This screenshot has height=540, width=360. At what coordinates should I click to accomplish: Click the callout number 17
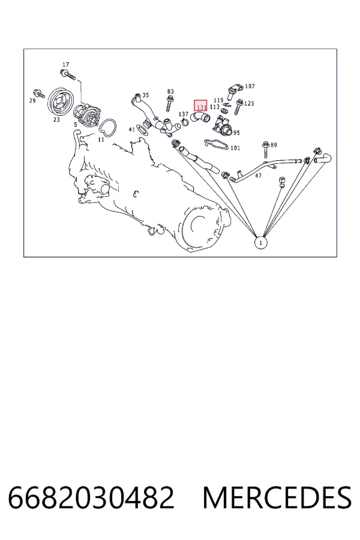[x=66, y=64]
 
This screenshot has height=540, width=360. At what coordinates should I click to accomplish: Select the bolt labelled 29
[x=38, y=93]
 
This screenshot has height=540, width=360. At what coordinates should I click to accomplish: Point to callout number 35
[x=146, y=95]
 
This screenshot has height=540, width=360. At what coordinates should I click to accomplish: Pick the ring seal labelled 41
[x=143, y=129]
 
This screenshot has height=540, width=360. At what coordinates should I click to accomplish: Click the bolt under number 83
[x=170, y=103]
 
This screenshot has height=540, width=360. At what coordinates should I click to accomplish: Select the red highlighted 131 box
[x=200, y=106]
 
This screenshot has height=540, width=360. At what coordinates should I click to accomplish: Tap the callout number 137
[x=183, y=114]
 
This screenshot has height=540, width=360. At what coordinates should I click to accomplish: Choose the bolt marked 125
[x=238, y=107]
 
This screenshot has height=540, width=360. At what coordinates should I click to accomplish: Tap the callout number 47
[x=259, y=176]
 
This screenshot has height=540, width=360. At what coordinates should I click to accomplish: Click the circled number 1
[x=260, y=242]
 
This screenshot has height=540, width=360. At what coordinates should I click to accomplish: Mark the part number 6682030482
[x=91, y=497]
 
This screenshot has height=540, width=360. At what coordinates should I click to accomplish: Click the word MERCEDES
[x=277, y=497]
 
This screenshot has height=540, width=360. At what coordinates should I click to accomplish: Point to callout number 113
[x=214, y=107]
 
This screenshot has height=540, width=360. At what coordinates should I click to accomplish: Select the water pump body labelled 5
[x=86, y=117]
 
